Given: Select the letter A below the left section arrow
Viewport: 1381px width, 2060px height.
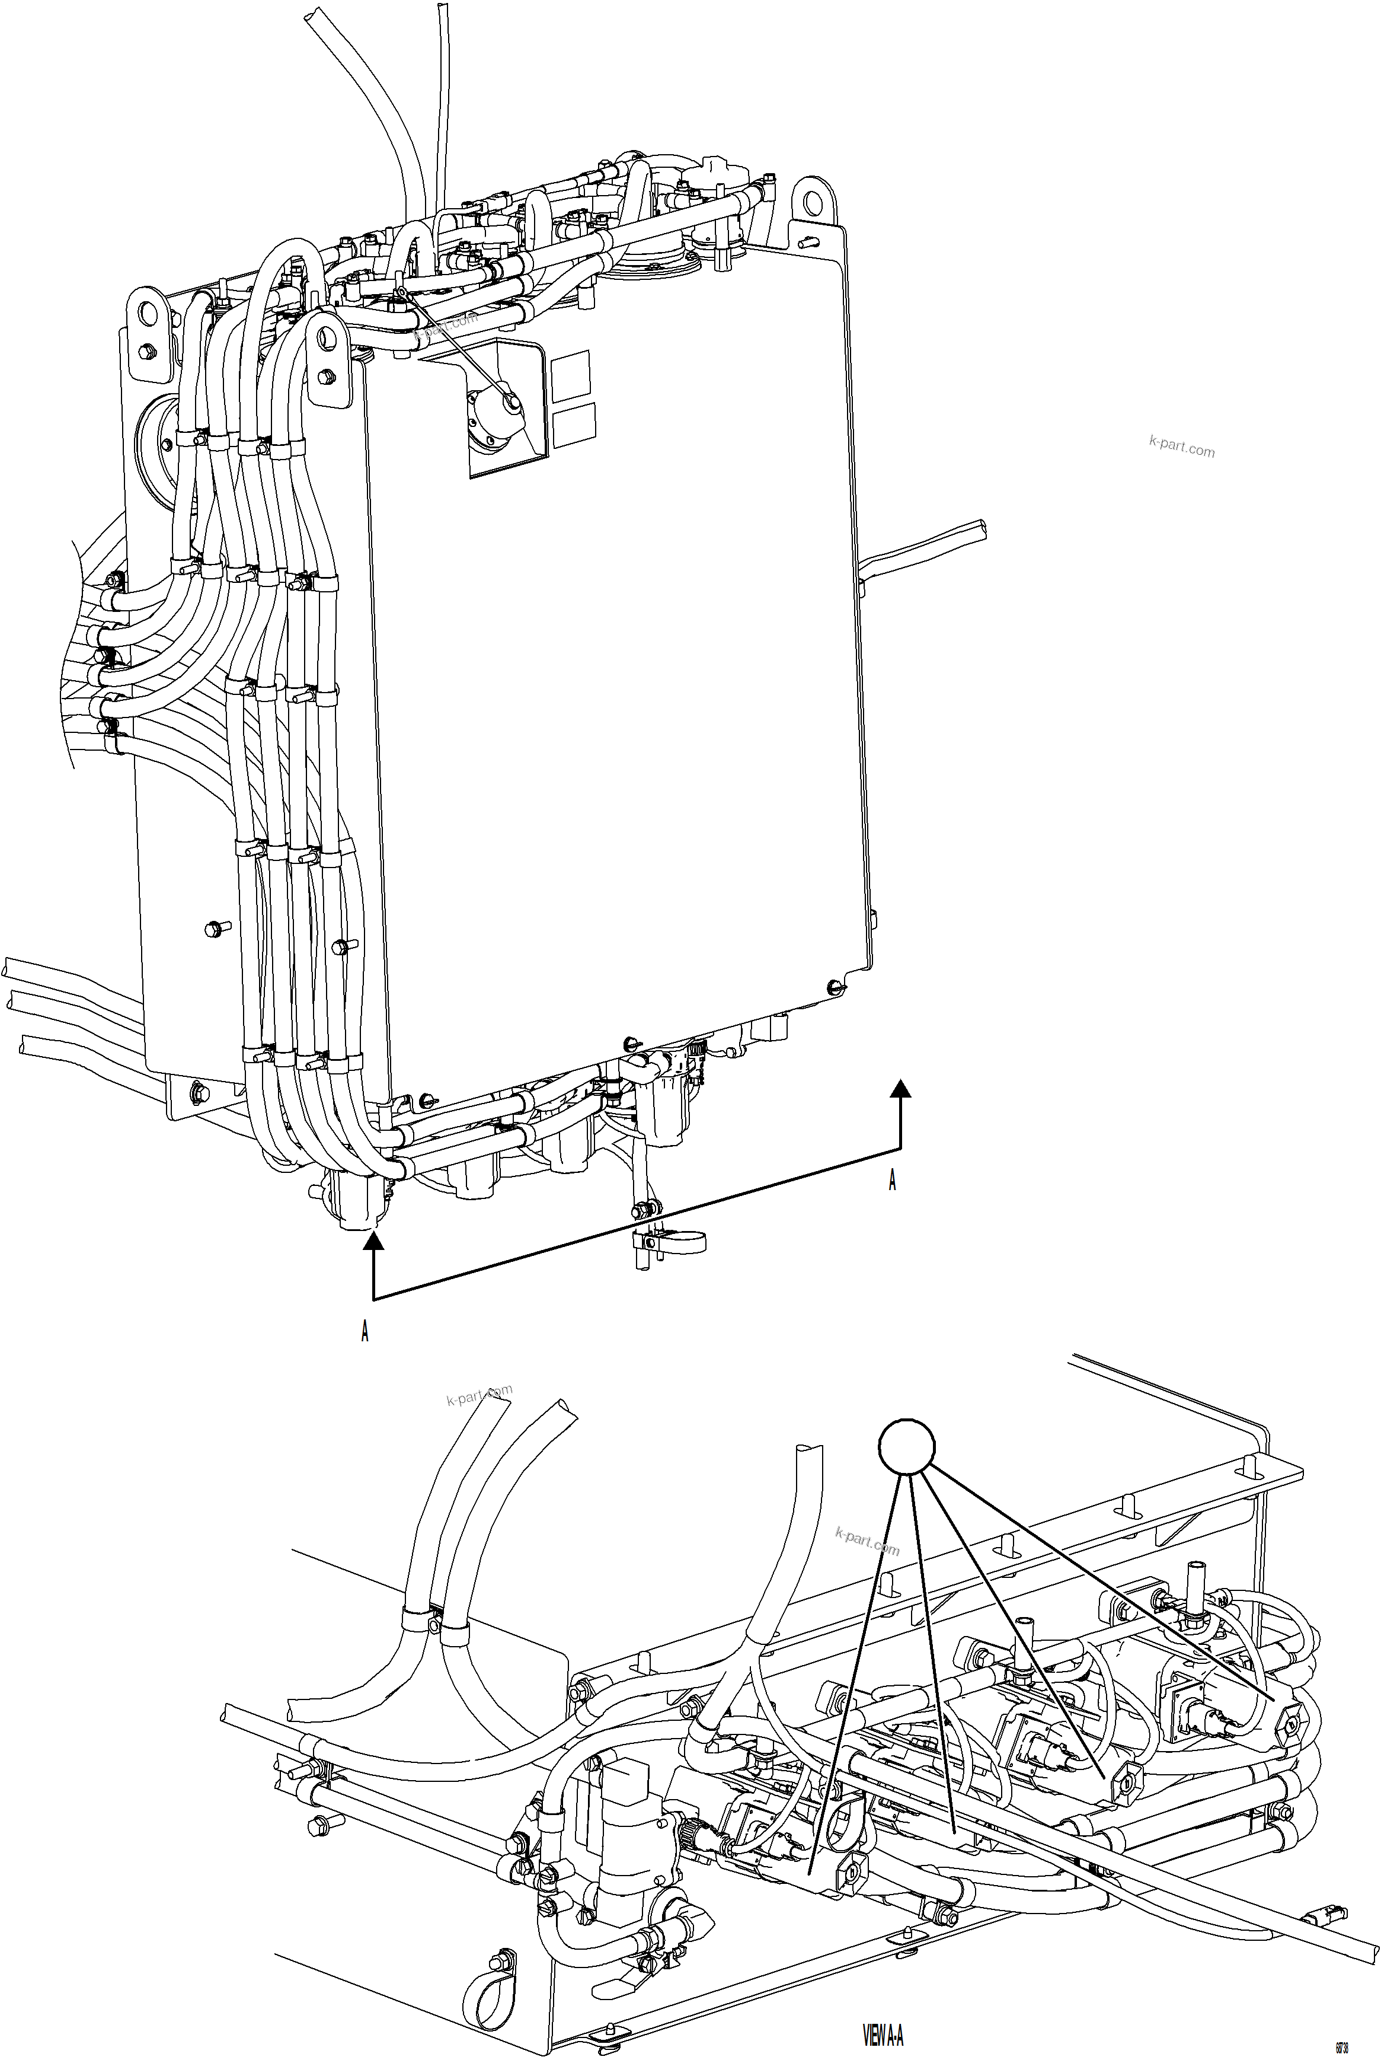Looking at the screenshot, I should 365,1331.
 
